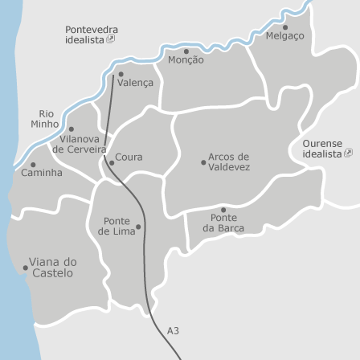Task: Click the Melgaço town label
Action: pos(284,36)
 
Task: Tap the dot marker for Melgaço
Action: pos(285,27)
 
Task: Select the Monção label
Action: pos(186,60)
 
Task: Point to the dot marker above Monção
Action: pos(186,51)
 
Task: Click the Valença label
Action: pos(135,83)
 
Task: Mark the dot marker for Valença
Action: pos(121,75)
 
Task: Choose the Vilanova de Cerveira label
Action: pos(80,144)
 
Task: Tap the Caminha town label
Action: pos(42,173)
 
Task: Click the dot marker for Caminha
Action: pos(33,165)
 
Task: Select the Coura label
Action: pos(129,157)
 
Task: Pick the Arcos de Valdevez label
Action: pos(229,162)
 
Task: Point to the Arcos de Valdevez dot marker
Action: pos(203,162)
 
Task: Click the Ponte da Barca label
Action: pos(223,223)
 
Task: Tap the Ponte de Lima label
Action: pos(117,226)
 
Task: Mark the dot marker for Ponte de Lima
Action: pos(138,227)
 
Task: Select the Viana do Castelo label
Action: pos(53,268)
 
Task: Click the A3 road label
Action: pos(173,330)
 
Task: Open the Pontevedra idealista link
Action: pos(91,34)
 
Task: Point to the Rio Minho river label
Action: pos(46,119)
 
